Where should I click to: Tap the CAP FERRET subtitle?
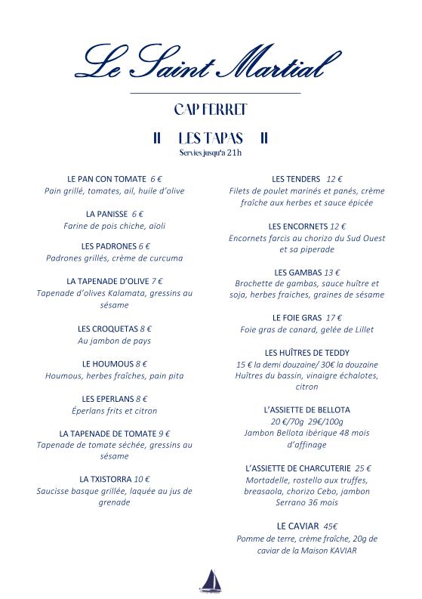(211, 110)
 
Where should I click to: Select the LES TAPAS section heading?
(211, 138)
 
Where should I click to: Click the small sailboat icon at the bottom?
(210, 580)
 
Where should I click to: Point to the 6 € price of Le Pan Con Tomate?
(156, 179)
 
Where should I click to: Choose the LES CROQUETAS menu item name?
(107, 329)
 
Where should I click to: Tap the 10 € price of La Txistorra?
(142, 479)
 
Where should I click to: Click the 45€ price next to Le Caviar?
(330, 526)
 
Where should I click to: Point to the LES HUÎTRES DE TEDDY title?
(306, 353)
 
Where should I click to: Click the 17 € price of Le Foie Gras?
(334, 317)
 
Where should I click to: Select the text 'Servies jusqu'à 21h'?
(211, 153)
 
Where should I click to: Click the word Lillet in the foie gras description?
(360, 329)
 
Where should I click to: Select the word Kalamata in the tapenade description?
(138, 293)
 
